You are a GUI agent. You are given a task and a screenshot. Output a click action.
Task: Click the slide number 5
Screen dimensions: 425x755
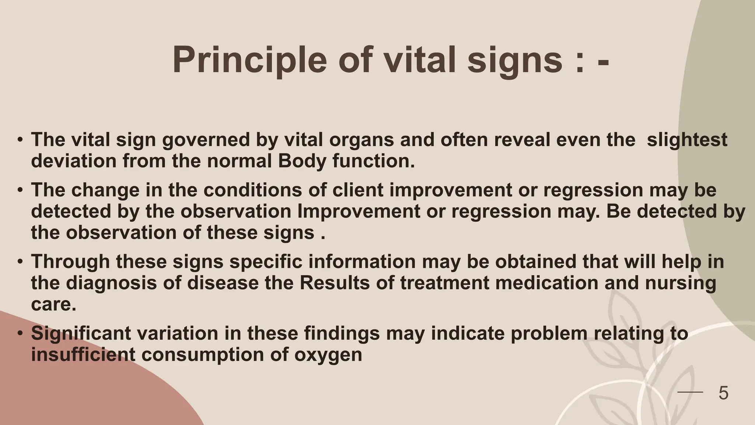click(723, 393)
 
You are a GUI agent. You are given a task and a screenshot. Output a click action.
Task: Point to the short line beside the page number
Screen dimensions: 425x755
click(690, 393)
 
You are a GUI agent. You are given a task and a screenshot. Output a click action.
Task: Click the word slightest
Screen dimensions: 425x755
click(687, 140)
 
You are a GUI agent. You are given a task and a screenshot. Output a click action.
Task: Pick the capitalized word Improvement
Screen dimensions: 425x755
click(358, 211)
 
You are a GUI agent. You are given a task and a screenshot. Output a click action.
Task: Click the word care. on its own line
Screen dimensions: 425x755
click(53, 304)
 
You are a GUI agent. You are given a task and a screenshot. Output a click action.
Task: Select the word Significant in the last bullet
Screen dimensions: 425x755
click(81, 333)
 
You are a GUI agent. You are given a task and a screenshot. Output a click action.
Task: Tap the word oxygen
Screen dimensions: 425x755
click(328, 355)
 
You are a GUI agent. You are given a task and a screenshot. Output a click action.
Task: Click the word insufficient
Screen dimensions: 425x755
click(83, 355)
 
